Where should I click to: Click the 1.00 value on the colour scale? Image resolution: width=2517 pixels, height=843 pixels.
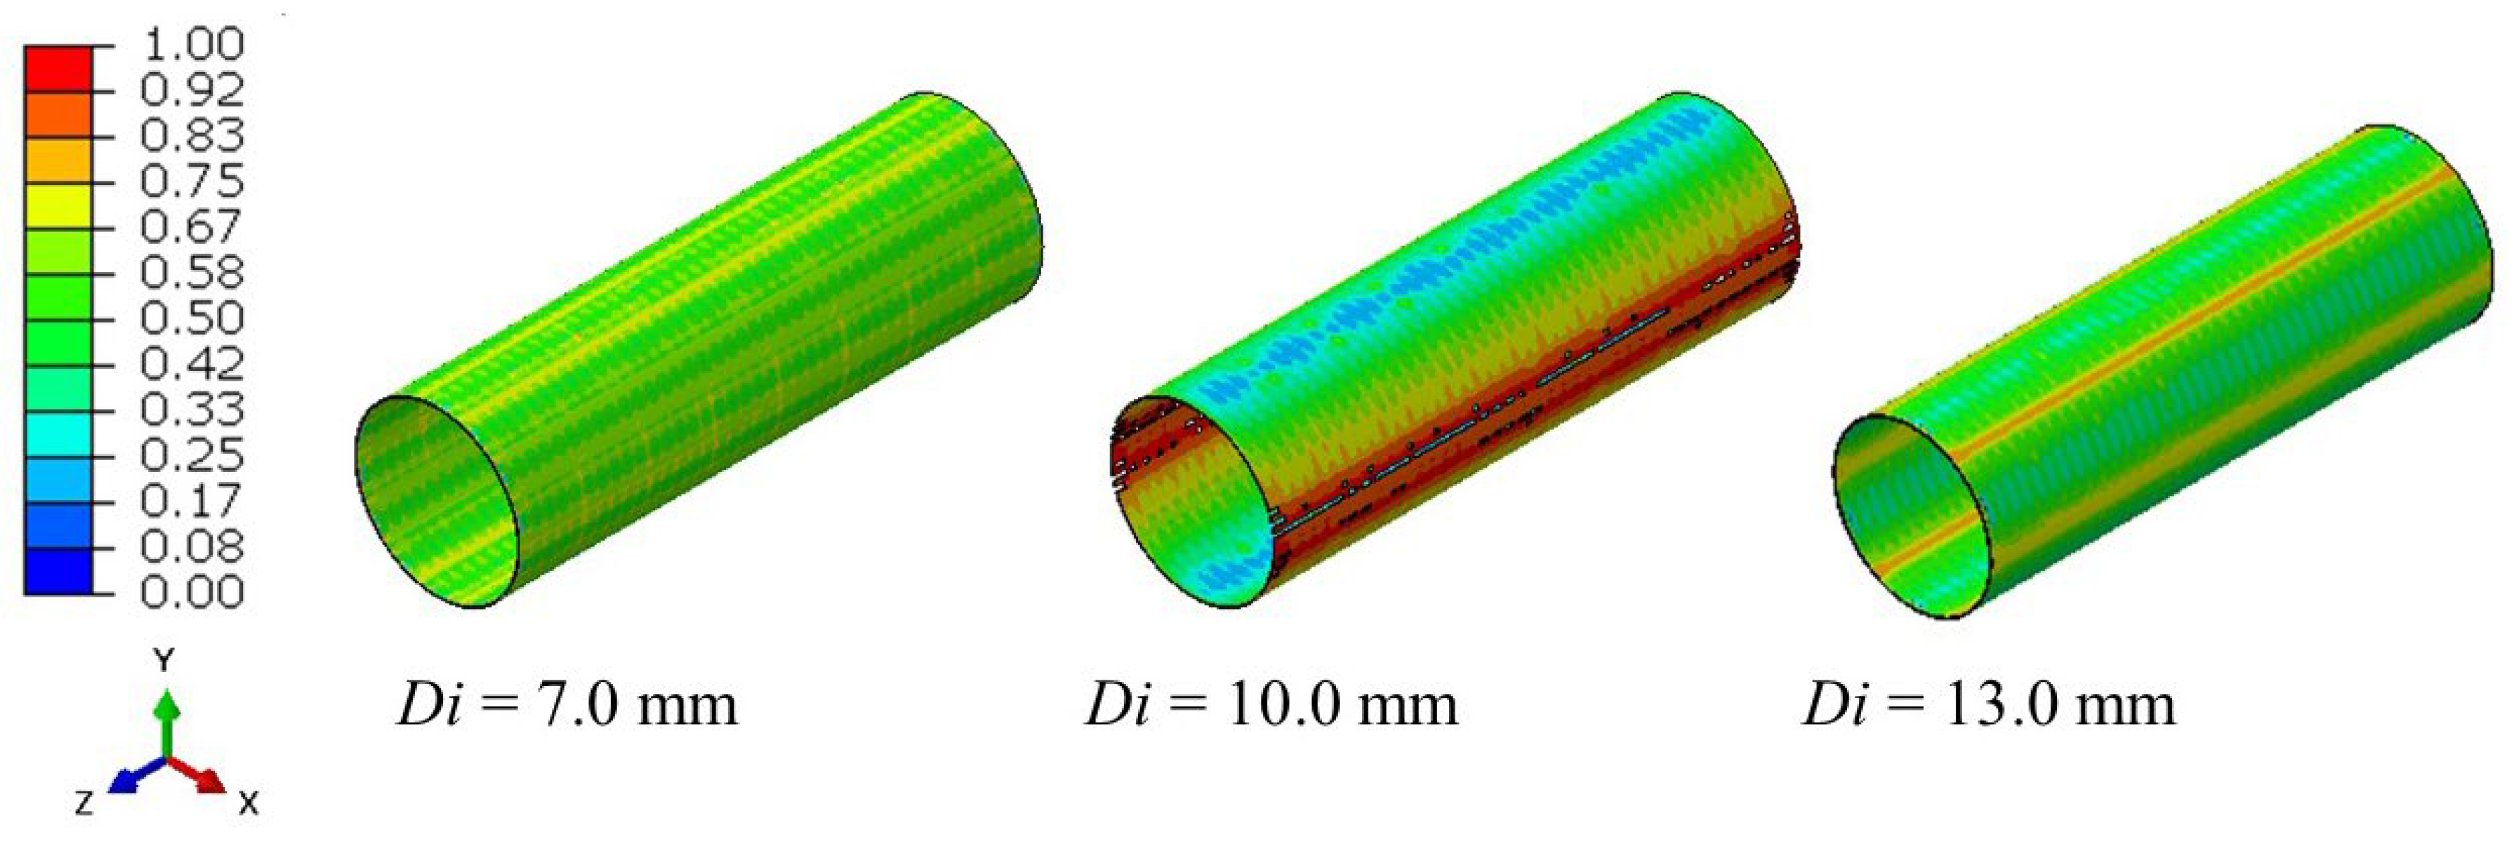click(x=192, y=45)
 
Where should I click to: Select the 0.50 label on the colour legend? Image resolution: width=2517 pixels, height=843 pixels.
click(x=192, y=319)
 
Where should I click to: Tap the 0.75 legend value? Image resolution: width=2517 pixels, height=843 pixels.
click(x=192, y=182)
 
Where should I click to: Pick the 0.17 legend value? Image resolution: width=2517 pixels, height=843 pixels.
click(x=192, y=501)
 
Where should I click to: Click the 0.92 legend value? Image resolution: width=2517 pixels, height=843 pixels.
click(x=192, y=91)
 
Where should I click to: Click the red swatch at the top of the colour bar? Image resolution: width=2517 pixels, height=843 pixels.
click(x=58, y=69)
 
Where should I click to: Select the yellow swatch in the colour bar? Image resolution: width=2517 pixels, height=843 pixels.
click(x=58, y=205)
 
